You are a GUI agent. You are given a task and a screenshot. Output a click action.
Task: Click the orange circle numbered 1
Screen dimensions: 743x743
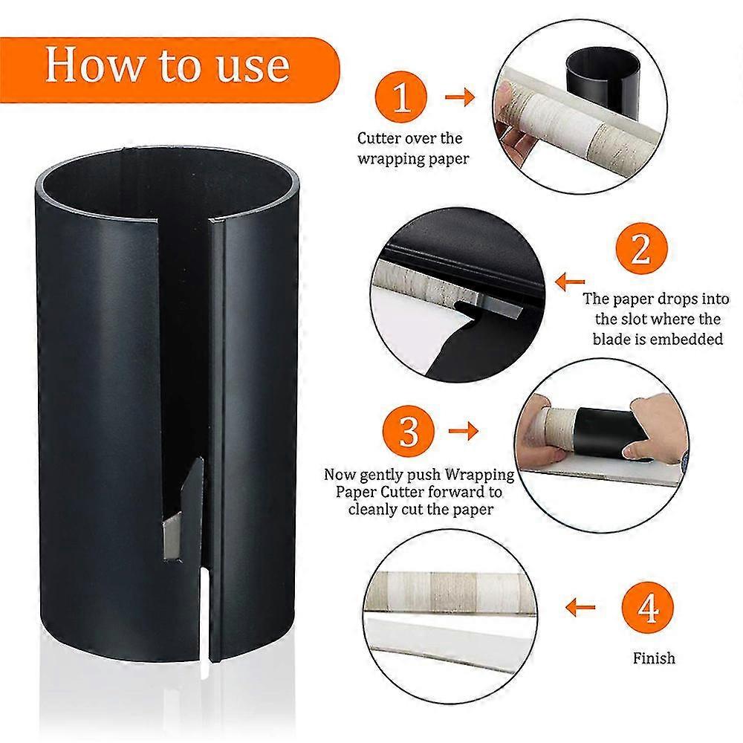[402, 97]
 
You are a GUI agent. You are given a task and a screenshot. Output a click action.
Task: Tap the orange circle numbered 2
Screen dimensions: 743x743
[640, 250]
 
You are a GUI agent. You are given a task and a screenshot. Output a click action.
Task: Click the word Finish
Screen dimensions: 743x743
[654, 658]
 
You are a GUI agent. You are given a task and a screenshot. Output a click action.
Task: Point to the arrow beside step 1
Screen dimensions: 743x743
[459, 97]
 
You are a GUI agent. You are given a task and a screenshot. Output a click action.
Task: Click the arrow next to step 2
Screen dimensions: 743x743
[571, 282]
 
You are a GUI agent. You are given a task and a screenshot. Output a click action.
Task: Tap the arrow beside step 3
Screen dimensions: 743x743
[462, 429]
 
